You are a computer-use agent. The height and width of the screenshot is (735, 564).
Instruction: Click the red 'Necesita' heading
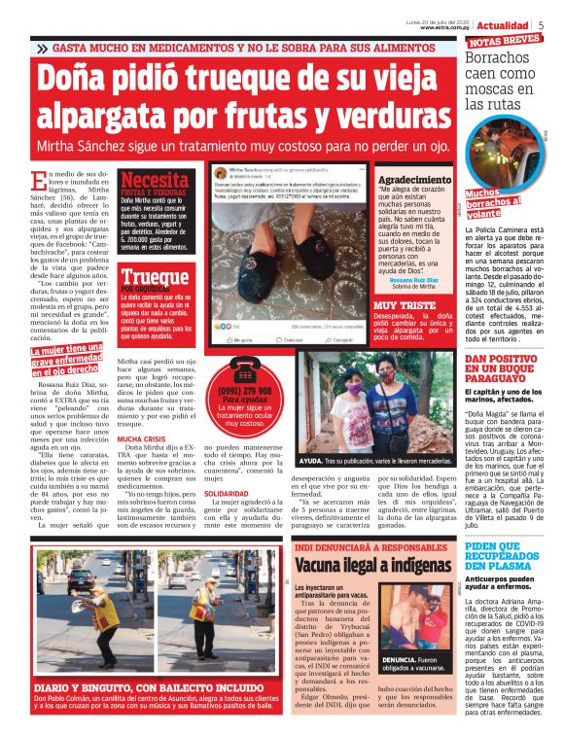(x=154, y=180)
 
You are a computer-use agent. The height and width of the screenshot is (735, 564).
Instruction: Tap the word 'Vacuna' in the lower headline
(x=327, y=565)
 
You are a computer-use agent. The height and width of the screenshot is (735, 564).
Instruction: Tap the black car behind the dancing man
(x=82, y=580)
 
